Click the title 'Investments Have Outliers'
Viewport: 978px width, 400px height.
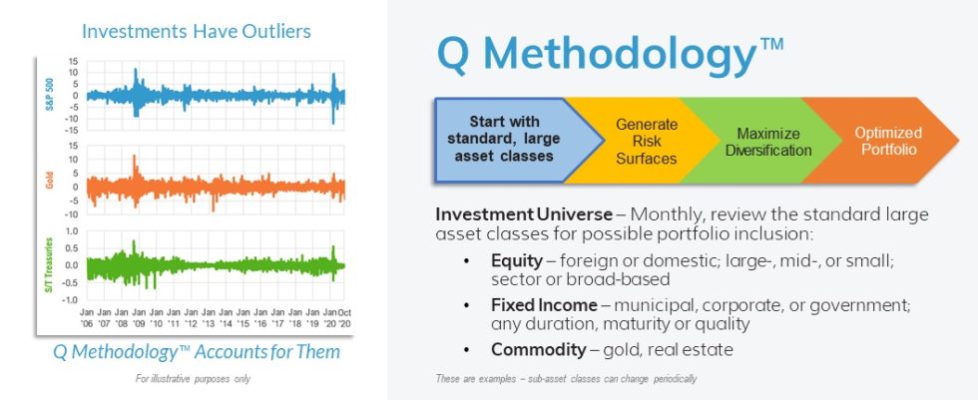pyautogui.click(x=196, y=31)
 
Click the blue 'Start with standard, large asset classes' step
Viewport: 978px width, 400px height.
pyautogui.click(x=499, y=139)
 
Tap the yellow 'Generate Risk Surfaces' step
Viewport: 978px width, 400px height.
pyautogui.click(x=645, y=141)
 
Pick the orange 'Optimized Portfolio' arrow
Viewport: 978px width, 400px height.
pyautogui.click(x=887, y=141)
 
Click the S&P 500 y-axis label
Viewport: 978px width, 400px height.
pyautogui.click(x=47, y=96)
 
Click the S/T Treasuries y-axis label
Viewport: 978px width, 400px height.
pyautogui.click(x=47, y=265)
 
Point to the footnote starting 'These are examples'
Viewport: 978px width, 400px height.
pyautogui.click(x=566, y=379)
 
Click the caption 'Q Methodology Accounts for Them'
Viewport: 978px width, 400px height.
pyautogui.click(x=196, y=352)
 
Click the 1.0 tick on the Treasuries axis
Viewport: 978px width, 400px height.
pyautogui.click(x=70, y=230)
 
